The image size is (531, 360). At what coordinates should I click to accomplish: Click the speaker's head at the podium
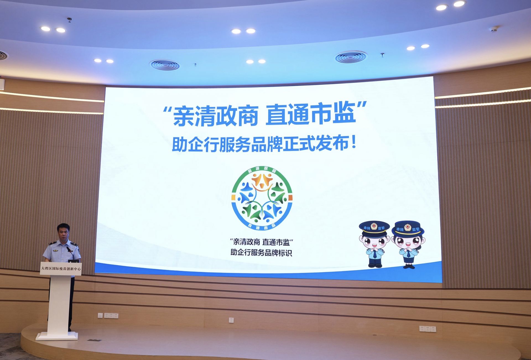point(63,232)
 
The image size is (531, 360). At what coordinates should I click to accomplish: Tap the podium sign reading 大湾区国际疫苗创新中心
point(61,268)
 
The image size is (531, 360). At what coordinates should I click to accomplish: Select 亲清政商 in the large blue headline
point(215,116)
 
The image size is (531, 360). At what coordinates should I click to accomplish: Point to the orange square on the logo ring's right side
point(290,198)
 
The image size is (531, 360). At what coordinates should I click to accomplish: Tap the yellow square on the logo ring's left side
point(233,198)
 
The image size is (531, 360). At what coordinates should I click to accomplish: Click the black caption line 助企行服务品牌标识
point(261,252)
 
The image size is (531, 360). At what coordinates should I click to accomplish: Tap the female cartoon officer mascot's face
point(407,242)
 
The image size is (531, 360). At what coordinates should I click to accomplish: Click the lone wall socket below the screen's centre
point(231,320)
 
